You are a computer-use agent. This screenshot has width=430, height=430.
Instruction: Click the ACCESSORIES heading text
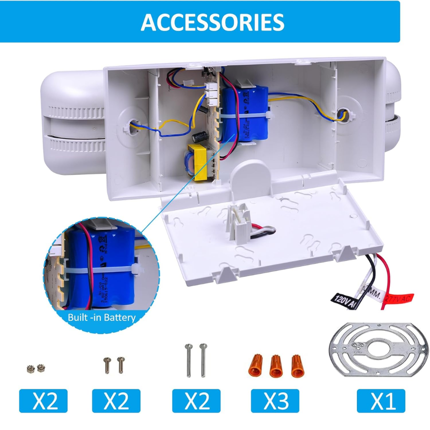click(x=212, y=21)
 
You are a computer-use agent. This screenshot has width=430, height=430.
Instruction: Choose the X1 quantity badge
click(x=381, y=401)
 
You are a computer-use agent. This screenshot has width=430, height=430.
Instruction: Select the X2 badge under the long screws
click(x=196, y=401)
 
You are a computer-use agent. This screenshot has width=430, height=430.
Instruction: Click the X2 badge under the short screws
click(x=116, y=401)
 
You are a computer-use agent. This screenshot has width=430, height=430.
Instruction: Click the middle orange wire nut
click(x=275, y=366)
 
